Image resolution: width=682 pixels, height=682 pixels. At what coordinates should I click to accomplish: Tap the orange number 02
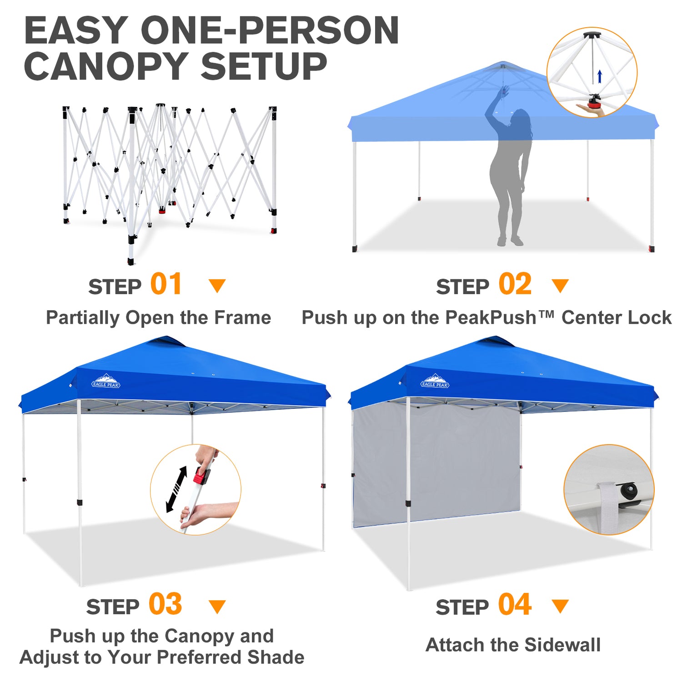pyautogui.click(x=515, y=284)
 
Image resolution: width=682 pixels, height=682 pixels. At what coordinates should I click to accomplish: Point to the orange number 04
pyautogui.click(x=515, y=604)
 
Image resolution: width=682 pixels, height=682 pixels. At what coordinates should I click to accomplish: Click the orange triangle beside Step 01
pyautogui.click(x=217, y=286)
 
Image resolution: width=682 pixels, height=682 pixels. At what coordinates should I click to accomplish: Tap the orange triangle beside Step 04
pyautogui.click(x=560, y=606)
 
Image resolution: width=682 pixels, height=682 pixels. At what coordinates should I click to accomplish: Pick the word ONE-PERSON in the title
pyautogui.click(x=270, y=30)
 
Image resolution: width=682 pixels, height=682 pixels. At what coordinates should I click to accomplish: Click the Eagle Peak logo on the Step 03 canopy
pyautogui.click(x=105, y=381)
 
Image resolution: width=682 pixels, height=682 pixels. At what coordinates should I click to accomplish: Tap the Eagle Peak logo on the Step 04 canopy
pyautogui.click(x=435, y=381)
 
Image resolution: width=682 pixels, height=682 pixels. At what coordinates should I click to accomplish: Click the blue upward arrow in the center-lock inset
pyautogui.click(x=600, y=76)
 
